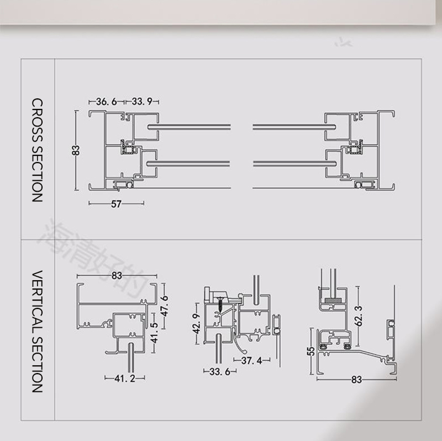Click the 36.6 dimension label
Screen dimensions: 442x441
click(106, 102)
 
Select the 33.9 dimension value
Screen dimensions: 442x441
click(142, 101)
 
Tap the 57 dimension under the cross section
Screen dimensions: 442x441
click(116, 204)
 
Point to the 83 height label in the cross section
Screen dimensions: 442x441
click(76, 150)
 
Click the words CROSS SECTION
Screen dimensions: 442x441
click(37, 150)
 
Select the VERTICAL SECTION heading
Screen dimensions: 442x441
click(37, 332)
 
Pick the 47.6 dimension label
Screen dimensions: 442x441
click(165, 306)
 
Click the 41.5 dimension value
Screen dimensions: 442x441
click(154, 333)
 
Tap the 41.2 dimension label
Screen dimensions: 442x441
click(125, 379)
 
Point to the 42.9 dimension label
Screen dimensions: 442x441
click(197, 324)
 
